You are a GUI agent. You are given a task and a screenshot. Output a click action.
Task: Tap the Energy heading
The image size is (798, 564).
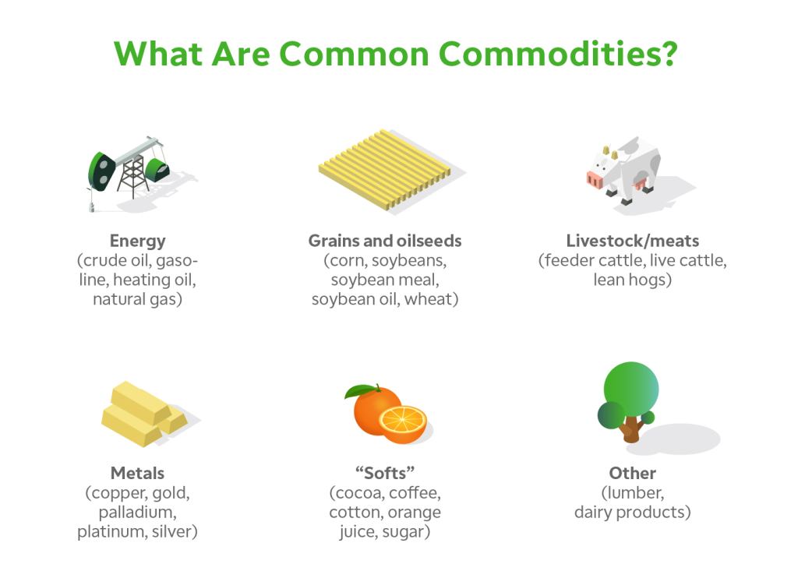pos(137,241)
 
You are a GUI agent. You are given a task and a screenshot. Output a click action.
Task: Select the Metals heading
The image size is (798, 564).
pos(137,473)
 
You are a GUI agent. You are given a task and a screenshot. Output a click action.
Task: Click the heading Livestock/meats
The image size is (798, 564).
pos(633,241)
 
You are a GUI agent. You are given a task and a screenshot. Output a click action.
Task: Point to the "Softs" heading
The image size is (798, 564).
pos(385,473)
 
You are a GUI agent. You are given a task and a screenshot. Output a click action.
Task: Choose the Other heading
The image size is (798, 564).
pos(633,473)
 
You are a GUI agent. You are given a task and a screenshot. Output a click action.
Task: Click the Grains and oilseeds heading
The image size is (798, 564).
pos(385,241)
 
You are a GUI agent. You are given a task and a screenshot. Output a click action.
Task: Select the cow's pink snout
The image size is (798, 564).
pos(595,179)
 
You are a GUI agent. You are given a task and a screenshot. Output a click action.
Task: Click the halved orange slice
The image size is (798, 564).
pos(403,423)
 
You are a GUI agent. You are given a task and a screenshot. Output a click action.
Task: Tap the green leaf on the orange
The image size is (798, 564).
pos(361,390)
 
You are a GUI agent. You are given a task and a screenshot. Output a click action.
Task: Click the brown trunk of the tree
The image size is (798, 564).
pos(631,428)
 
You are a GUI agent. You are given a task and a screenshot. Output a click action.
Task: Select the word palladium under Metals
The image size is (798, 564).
pos(137,512)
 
